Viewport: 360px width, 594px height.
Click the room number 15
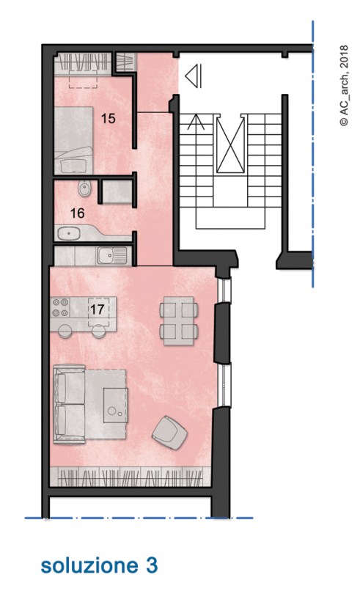pos(108,118)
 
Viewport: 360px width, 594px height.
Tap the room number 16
pos(77,213)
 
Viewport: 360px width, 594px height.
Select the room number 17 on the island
pos(97,309)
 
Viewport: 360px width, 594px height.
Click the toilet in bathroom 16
pos(84,188)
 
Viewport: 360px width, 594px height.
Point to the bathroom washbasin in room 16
pos(70,234)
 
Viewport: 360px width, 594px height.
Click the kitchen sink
pos(111,255)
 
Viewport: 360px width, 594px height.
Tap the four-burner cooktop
pos(61,307)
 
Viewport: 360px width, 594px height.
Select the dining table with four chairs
pos(179,321)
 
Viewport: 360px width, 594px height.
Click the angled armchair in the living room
pos(170,433)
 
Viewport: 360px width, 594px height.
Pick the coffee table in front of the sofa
pos(116,405)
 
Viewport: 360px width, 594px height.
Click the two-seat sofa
pos(69,404)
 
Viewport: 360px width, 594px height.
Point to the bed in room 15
pos(73,140)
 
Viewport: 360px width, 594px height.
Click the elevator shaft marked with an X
pos(229,144)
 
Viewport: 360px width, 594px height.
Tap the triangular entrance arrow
pos(194,76)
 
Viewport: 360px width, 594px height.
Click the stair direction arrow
pos(196,122)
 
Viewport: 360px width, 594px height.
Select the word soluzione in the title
pos(89,565)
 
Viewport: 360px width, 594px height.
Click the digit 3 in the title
pos(151,565)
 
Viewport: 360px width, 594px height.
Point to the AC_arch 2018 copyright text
pos(344,86)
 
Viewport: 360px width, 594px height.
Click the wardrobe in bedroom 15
pos(84,63)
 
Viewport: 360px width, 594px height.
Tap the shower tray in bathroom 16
pos(117,191)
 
